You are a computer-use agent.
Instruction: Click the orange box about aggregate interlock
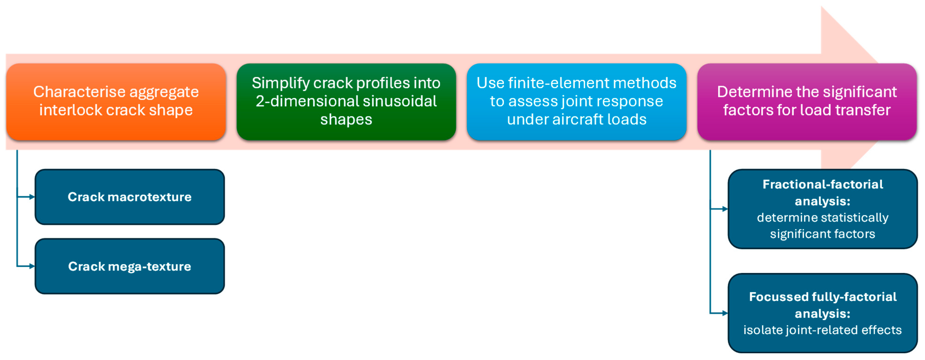coord(116,102)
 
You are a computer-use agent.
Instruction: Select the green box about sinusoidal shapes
coord(346,102)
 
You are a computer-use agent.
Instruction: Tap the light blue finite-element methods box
coord(576,102)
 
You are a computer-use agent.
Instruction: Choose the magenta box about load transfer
coord(807,102)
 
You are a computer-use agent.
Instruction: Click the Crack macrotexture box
coord(130,197)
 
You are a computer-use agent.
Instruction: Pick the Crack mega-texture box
coord(130,266)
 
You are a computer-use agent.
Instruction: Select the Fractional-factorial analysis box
coord(823,209)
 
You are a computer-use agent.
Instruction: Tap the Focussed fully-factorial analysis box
coord(823,313)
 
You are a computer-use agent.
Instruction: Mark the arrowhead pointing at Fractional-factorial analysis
coord(725,209)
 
